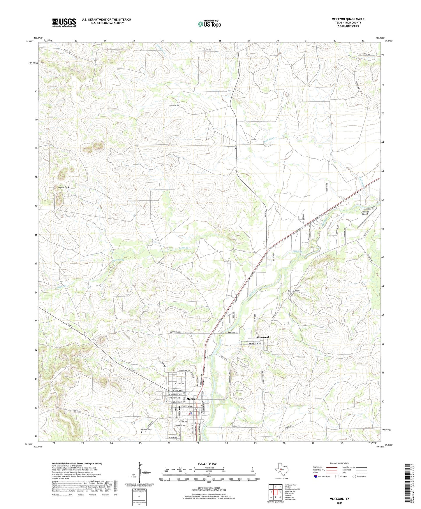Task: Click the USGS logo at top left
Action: point(64,22)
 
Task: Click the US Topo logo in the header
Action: point(209,24)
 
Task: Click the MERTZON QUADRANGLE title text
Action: point(348,19)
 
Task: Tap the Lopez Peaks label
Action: point(64,187)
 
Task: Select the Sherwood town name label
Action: point(262,337)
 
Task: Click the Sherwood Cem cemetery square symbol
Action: point(288,294)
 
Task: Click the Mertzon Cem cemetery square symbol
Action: point(142,432)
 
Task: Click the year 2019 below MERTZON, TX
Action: point(339,503)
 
